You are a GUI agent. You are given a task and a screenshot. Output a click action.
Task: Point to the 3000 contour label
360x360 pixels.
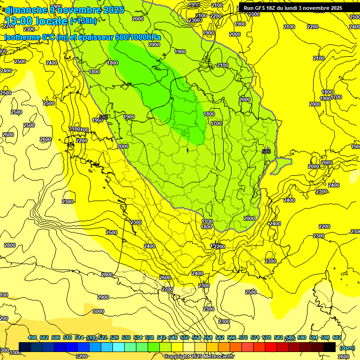(98, 312)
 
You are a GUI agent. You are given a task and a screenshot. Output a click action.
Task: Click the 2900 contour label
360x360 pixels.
(103, 297)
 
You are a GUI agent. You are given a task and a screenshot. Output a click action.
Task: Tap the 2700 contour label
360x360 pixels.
(167, 289)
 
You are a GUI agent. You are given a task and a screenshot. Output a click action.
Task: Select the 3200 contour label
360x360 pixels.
(81, 356)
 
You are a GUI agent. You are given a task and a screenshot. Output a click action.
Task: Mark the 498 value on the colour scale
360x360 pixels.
(32, 337)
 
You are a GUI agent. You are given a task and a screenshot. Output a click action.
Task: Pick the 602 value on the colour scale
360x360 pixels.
(337, 337)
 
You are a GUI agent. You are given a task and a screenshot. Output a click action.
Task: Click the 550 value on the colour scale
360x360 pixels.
(185, 337)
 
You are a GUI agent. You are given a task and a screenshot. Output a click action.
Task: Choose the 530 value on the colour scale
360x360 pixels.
(126, 337)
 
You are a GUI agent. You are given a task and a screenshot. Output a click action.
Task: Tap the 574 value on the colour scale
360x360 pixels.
(255, 337)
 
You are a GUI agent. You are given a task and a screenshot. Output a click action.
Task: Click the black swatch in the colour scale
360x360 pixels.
(330, 347)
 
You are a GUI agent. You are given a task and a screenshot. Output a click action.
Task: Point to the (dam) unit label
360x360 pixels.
(347, 347)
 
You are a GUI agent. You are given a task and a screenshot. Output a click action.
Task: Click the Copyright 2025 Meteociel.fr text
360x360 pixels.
(199, 356)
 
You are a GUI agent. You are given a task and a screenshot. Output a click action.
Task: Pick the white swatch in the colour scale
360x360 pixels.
(189, 347)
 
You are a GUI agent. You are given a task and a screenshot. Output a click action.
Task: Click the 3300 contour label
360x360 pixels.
(15, 352)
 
